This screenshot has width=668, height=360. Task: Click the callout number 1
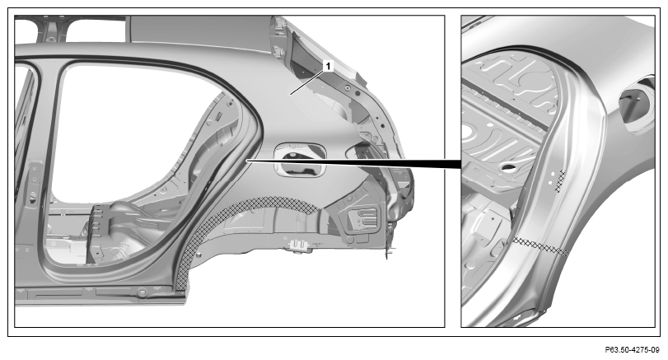pyautogui.click(x=328, y=67)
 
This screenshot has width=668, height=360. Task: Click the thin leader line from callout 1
pyautogui.click(x=306, y=82)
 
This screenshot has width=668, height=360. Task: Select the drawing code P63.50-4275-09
pyautogui.click(x=632, y=350)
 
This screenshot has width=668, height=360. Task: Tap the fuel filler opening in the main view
pyautogui.click(x=300, y=159)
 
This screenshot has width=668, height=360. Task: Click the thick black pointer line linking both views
pyautogui.click(x=353, y=162)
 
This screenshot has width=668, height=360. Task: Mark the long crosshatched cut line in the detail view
pyautogui.click(x=540, y=246)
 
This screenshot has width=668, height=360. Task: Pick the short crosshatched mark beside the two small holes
pyautogui.click(x=562, y=181)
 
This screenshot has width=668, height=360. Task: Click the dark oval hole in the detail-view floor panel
pyautogui.click(x=507, y=166)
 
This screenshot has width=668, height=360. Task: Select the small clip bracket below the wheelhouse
pyautogui.click(x=298, y=245)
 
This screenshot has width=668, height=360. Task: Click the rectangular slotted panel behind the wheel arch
pyautogui.click(x=364, y=218)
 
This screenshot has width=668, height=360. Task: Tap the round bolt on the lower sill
pyautogui.click(x=142, y=292)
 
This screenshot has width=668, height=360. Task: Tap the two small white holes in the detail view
pyautogui.click(x=551, y=177)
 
